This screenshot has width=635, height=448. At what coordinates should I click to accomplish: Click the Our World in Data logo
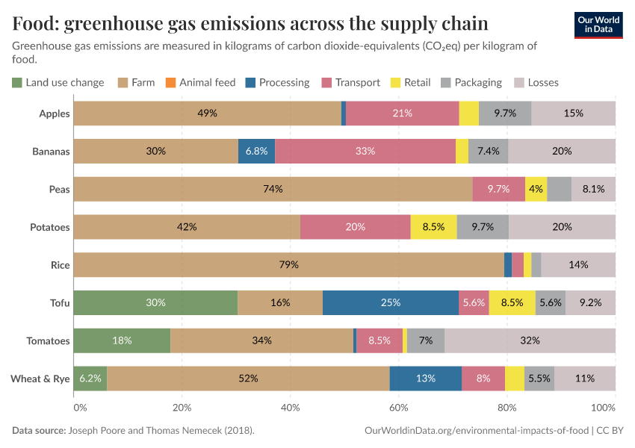click(598, 25)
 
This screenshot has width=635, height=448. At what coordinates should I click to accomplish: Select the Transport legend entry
click(357, 83)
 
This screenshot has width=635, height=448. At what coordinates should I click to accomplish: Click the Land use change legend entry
click(64, 83)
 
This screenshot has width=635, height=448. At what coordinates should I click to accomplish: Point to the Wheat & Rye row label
click(40, 379)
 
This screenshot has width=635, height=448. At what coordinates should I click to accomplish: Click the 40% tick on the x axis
click(290, 408)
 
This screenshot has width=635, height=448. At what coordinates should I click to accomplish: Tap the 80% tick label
click(507, 408)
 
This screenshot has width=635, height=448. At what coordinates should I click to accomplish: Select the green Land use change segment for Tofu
click(155, 303)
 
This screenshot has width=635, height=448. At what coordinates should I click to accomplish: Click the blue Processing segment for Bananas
click(256, 151)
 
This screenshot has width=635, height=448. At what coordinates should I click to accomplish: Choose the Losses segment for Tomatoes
click(530, 340)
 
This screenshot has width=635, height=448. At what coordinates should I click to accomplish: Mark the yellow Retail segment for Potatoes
click(433, 227)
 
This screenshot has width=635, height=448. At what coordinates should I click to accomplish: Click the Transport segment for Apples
click(402, 113)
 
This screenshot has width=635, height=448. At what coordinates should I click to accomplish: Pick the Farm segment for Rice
click(288, 265)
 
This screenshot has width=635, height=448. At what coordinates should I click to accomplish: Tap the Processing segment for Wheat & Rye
click(425, 379)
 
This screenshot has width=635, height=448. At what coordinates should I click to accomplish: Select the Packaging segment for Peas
click(559, 189)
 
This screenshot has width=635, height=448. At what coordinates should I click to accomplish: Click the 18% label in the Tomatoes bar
click(122, 340)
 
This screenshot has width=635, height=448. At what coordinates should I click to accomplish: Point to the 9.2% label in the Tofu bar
click(590, 303)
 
